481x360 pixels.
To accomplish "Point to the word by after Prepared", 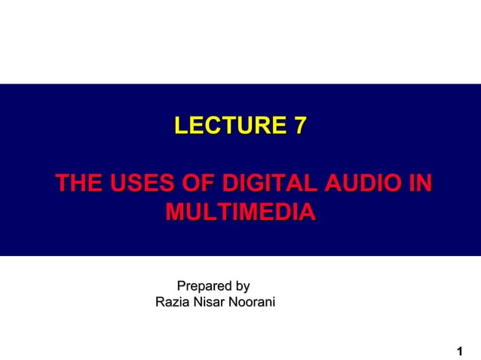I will pos(242,287).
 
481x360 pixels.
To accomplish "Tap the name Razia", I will pos(172,303).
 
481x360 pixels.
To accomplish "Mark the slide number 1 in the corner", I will pos(460,351).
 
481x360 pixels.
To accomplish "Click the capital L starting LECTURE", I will pos(180,125).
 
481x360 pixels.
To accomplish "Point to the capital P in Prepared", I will pos(181,286).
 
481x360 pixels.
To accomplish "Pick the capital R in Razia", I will pos(160,303).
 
